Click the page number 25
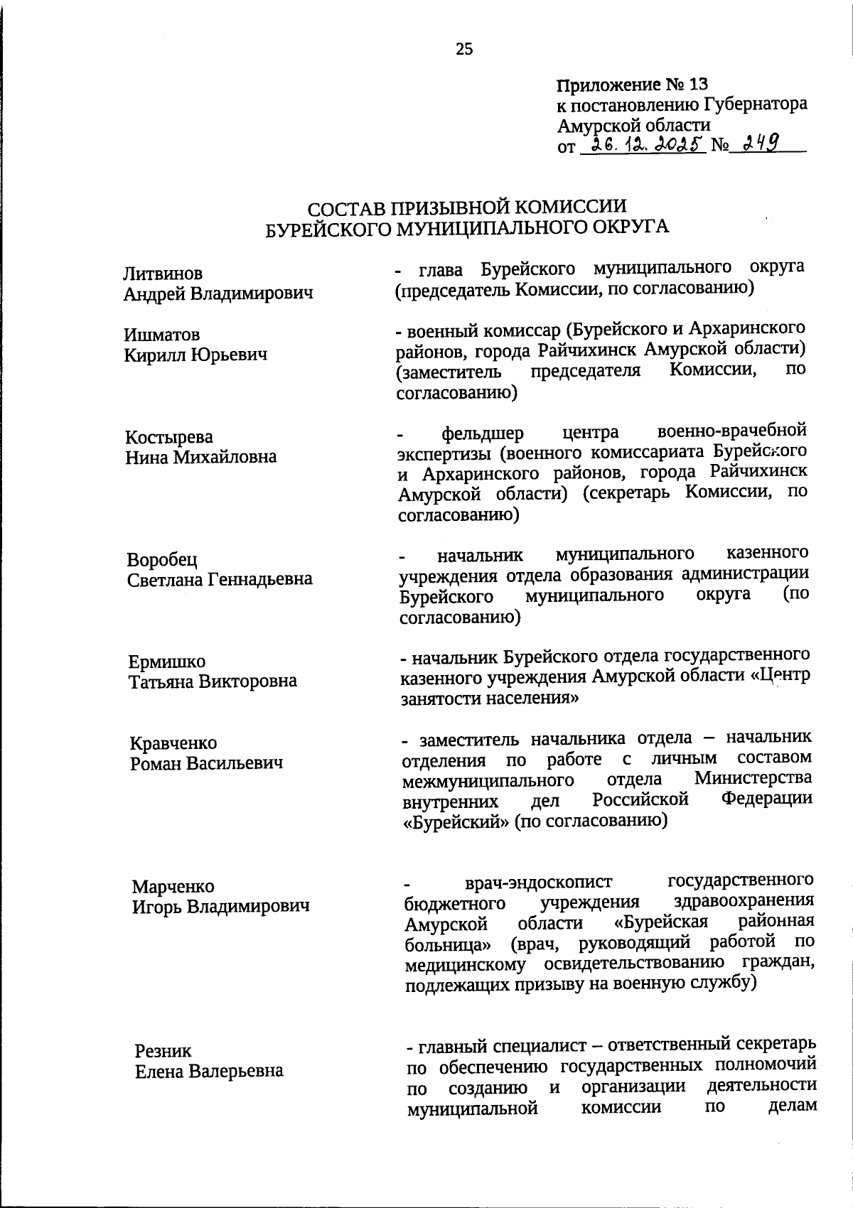(x=464, y=49)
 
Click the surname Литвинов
(x=163, y=274)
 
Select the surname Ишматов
(x=162, y=335)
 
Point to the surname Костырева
(x=169, y=437)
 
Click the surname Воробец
(x=162, y=560)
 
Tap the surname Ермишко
(x=167, y=662)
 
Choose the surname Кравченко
(x=173, y=743)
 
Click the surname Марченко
(x=173, y=887)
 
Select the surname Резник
(x=163, y=1051)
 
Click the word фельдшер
(x=483, y=433)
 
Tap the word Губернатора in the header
(x=756, y=104)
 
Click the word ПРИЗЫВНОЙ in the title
(x=449, y=207)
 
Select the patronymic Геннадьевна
(x=259, y=579)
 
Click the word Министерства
(x=753, y=779)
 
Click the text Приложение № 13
(x=633, y=85)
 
